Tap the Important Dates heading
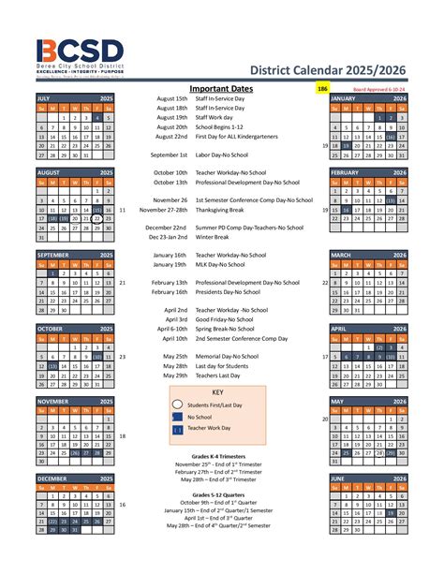pyautogui.click(x=221, y=89)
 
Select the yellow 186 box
pyautogui.click(x=322, y=89)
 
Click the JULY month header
pyautogui.click(x=44, y=98)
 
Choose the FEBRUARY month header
pyautogui.click(x=346, y=173)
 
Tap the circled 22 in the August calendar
pyautogui.click(x=97, y=219)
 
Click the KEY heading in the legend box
pyautogui.click(x=217, y=392)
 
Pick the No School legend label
pyautogui.click(x=199, y=417)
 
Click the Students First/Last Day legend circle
pyautogui.click(x=177, y=405)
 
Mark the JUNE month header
pyautogui.click(x=338, y=478)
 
